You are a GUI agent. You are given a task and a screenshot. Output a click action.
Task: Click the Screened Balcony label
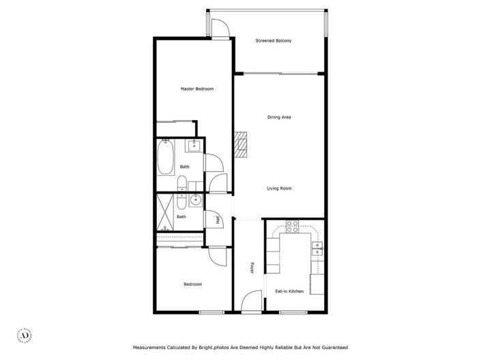[274, 41]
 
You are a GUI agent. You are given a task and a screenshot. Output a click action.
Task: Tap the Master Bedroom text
[197, 89]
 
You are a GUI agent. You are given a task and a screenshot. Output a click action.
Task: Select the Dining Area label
[279, 117]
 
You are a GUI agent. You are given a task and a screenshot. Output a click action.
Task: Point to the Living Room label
[279, 188]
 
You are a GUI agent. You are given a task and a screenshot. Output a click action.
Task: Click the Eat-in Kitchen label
[289, 291]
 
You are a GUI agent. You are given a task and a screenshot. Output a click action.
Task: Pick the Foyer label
[252, 269]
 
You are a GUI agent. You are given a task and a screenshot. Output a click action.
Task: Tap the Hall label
[218, 220]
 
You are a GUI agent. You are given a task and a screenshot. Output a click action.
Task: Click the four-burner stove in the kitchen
[293, 226]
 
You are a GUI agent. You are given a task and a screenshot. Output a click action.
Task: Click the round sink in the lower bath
[196, 200]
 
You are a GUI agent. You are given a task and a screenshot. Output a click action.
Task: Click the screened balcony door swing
[221, 28]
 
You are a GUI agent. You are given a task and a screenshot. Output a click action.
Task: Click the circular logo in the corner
[25, 335]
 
